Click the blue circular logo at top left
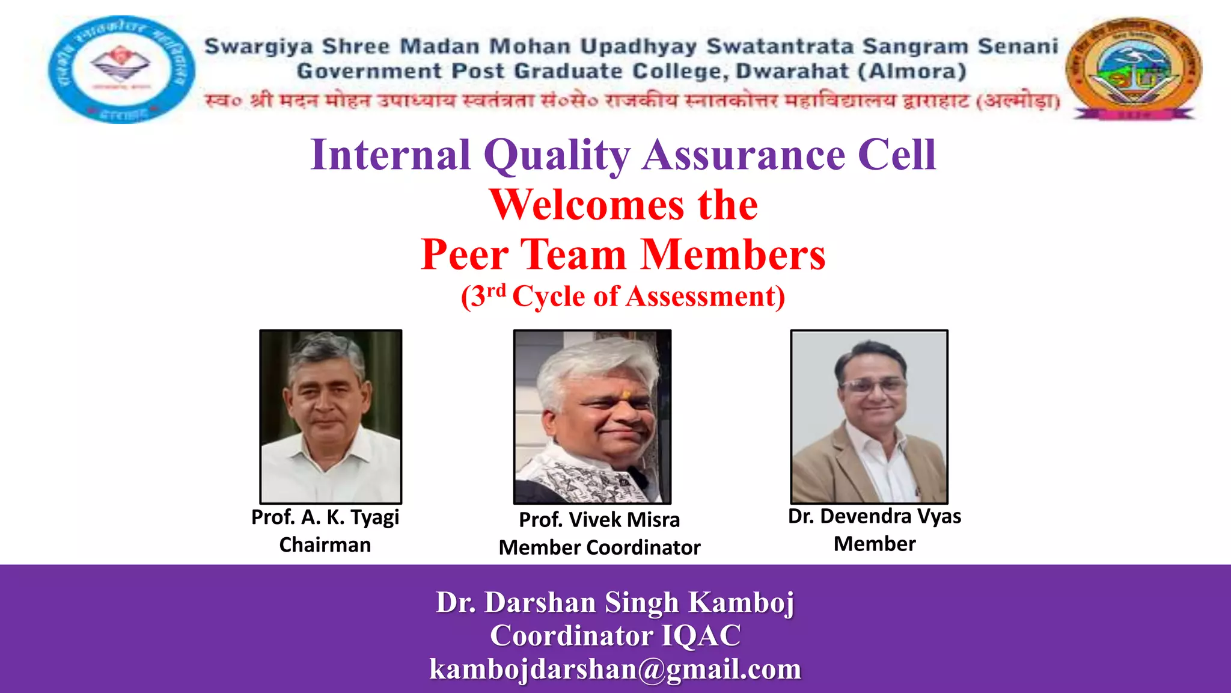pos(121,69)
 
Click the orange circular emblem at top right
pos(1134,68)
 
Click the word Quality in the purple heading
pos(556,155)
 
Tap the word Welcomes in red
pos(586,205)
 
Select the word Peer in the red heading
pos(465,254)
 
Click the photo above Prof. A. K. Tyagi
pos(331,416)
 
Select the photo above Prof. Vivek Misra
pos(592,416)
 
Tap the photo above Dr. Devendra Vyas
pos(869,416)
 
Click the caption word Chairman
pos(325,544)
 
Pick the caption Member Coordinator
pos(599,547)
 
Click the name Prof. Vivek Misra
pos(599,519)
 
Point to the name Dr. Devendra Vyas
pos(875,516)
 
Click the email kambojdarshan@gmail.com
pos(615,669)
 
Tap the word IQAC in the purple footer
pos(701,636)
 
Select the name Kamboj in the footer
pos(741,602)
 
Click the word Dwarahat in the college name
pos(792,71)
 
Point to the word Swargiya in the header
pos(259,46)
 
